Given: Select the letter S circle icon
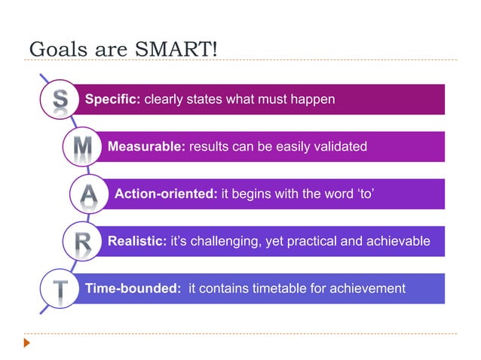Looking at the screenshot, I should pos(60,99).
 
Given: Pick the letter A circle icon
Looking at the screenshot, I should pos(89,194).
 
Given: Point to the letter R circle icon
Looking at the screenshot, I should pos(82,242).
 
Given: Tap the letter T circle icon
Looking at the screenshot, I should pos(60,289).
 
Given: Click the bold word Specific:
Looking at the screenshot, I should pos(112,99).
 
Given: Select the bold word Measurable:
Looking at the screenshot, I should pos(146,147).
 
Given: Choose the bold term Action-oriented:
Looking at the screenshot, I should pos(166,194).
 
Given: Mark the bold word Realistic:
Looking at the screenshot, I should pos(137,242).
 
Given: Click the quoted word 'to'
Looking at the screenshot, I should pos(364,194).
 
